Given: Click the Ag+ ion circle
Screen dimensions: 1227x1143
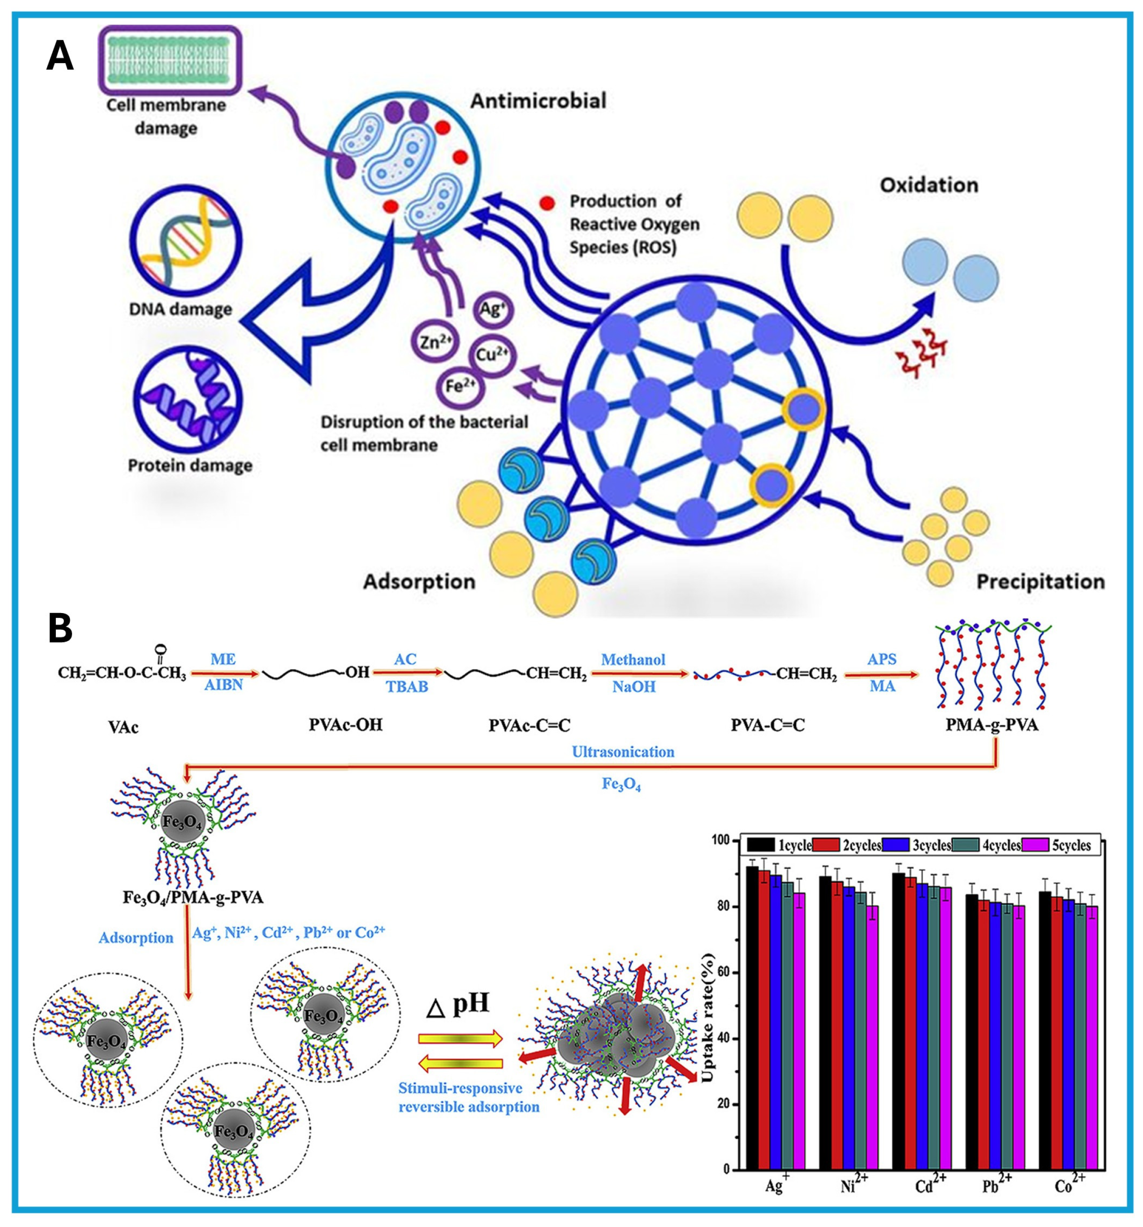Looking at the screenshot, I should [493, 311].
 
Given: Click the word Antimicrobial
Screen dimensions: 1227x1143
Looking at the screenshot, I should [538, 101].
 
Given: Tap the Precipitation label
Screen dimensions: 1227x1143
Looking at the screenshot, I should [1040, 581].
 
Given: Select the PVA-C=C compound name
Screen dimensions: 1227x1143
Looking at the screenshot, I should [767, 725].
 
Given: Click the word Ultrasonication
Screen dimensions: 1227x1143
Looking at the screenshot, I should [622, 752].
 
